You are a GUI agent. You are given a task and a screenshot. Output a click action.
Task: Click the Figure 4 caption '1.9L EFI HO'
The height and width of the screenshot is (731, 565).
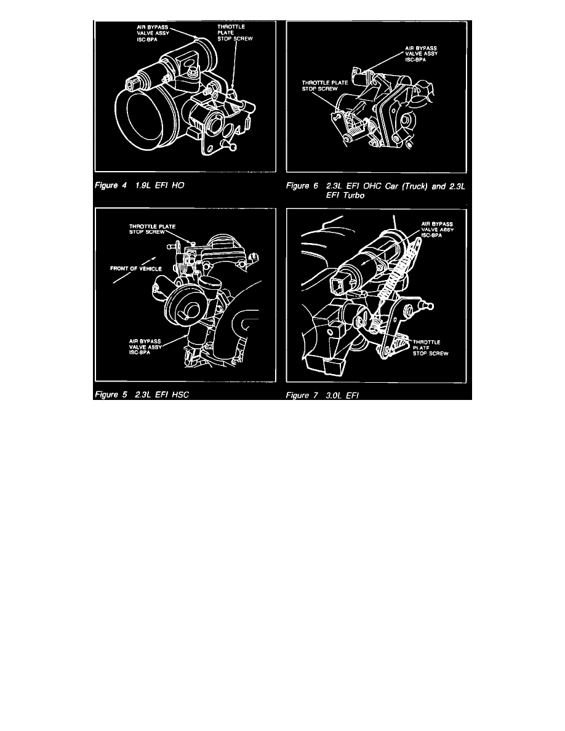click(x=159, y=186)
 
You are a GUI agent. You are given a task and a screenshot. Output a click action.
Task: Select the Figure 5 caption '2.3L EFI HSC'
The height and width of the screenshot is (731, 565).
click(x=162, y=395)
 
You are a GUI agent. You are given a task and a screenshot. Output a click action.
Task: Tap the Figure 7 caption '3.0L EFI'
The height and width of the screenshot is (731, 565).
click(x=342, y=395)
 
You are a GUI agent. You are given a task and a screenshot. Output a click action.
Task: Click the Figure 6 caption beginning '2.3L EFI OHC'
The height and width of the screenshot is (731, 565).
click(x=396, y=191)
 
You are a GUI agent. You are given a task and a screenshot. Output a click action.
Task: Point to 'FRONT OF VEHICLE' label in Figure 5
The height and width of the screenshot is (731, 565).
click(x=136, y=268)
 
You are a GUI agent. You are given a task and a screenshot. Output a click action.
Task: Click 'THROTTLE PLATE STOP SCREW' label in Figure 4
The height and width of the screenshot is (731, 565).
click(x=235, y=33)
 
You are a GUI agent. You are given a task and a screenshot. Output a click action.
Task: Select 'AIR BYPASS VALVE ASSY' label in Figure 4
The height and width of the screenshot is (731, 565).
click(x=153, y=33)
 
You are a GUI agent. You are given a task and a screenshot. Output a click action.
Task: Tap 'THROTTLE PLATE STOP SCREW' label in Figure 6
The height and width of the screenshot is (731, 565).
click(x=325, y=86)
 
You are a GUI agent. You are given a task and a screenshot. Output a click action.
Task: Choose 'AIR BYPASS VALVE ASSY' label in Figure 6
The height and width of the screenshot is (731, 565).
click(x=422, y=54)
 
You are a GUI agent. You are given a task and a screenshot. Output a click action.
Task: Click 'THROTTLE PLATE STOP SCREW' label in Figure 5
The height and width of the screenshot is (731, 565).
click(x=153, y=230)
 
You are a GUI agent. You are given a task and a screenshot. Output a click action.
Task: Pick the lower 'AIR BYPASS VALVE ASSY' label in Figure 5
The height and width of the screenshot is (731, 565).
click(x=145, y=347)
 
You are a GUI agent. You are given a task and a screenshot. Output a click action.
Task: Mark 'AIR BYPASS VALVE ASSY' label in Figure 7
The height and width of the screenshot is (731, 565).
click(x=437, y=230)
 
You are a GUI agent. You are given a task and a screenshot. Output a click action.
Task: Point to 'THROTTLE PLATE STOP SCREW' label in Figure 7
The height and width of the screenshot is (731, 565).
click(x=430, y=348)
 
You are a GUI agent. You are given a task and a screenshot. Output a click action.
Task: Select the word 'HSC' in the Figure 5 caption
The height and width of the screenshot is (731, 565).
click(x=180, y=395)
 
